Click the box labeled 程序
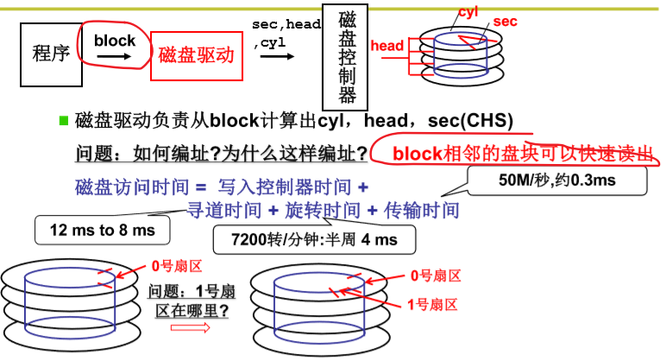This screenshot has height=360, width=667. pos(50,54)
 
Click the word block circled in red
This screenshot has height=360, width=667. pos(115,40)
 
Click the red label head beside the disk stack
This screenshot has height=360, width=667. pos(387,45)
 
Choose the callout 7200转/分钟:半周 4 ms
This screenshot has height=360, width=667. pos(315,237)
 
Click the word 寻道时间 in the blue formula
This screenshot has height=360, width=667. pos(223,210)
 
